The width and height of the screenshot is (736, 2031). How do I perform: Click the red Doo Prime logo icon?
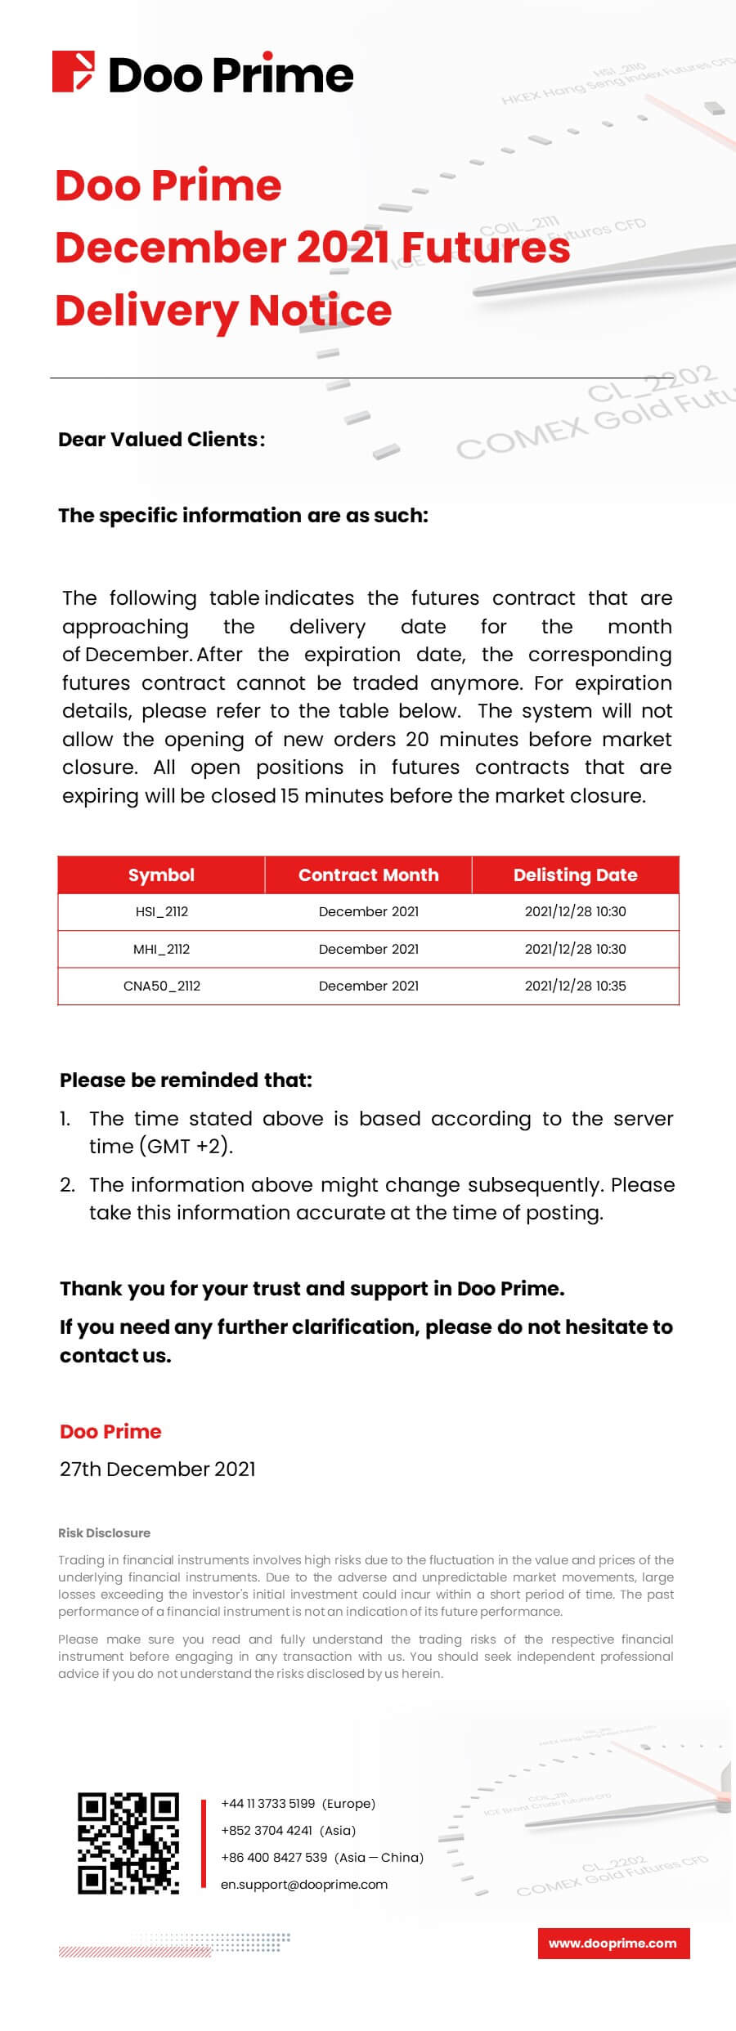[74, 72]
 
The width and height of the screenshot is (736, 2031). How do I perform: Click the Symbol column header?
[161, 875]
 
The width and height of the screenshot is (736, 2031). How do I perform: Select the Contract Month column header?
[368, 875]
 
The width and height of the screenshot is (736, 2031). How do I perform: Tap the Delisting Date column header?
[575, 875]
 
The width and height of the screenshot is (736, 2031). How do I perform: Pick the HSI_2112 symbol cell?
[161, 911]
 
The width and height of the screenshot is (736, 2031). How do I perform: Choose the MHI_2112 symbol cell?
[161, 949]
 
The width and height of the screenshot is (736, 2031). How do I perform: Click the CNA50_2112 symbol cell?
[161, 986]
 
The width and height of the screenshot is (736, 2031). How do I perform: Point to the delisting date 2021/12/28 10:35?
[575, 986]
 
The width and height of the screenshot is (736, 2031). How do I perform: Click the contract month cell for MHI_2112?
[368, 949]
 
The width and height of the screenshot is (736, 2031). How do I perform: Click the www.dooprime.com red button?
[613, 1943]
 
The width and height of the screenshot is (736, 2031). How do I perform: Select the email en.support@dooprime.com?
[304, 1884]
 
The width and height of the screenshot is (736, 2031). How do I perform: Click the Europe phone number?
[298, 1803]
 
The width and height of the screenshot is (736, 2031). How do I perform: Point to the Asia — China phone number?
[322, 1857]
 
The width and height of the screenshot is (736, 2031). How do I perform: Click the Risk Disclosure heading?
[104, 1532]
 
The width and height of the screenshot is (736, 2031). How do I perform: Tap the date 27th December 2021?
[157, 1469]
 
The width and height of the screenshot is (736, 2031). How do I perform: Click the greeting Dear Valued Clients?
[161, 439]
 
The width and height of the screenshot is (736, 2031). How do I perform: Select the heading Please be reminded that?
[186, 1080]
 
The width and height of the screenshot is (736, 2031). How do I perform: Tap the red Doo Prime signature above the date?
[110, 1431]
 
